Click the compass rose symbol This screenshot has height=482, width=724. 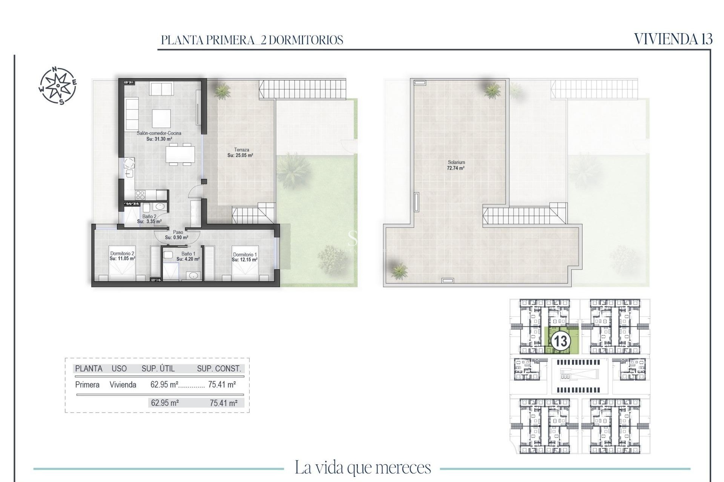pos(58,85)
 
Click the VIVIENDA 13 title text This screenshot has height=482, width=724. pos(673,39)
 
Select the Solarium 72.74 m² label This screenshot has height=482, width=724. pos(456,165)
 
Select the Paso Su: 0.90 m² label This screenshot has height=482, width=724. pos(176,235)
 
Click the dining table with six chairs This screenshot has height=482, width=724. pos(180,154)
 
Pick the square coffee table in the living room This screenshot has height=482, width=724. pos(161,119)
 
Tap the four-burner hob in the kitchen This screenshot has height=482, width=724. pos(140,195)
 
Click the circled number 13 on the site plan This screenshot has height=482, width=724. pos(560,341)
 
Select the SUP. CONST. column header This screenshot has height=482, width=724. pos(219,369)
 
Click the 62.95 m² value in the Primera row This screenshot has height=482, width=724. pos(164,384)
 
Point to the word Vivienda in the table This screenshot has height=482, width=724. pos(123,384)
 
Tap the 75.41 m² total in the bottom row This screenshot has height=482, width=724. pos(224,403)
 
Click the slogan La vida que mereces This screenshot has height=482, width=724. pos(362,468)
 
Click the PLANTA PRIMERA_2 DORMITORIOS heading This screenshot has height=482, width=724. pos(252,40)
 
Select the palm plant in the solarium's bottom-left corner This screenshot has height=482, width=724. pos(399,270)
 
